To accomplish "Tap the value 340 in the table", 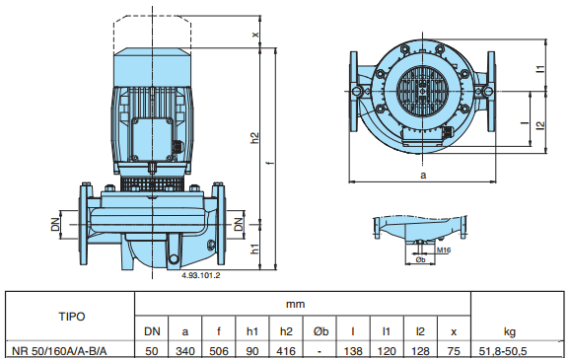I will pos(184,350).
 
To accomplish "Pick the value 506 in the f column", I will pos(218,350).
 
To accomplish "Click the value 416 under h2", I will pos(287,350).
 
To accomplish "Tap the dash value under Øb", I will pos(321,350).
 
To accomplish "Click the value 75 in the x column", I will pos(453,350).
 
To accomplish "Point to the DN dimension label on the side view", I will pos(57,226).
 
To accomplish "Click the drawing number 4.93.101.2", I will pos(200,276).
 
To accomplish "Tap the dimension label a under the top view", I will pos(423,175).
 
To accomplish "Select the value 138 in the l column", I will pos(353,350).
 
